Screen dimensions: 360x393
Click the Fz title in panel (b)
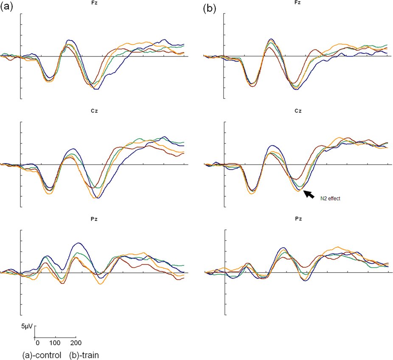coord(298,3)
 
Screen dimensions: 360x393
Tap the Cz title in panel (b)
coord(298,111)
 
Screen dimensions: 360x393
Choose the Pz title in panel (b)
coord(298,219)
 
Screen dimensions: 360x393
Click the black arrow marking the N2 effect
coord(310,194)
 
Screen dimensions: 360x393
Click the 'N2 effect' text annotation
coord(331,198)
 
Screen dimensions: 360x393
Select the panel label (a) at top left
coord(8,7)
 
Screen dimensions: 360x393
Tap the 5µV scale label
coord(27,327)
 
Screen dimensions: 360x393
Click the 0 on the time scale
coord(37,343)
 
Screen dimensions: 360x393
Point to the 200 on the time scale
coord(76,343)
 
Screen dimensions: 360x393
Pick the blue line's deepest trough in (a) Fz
coord(96,89)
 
